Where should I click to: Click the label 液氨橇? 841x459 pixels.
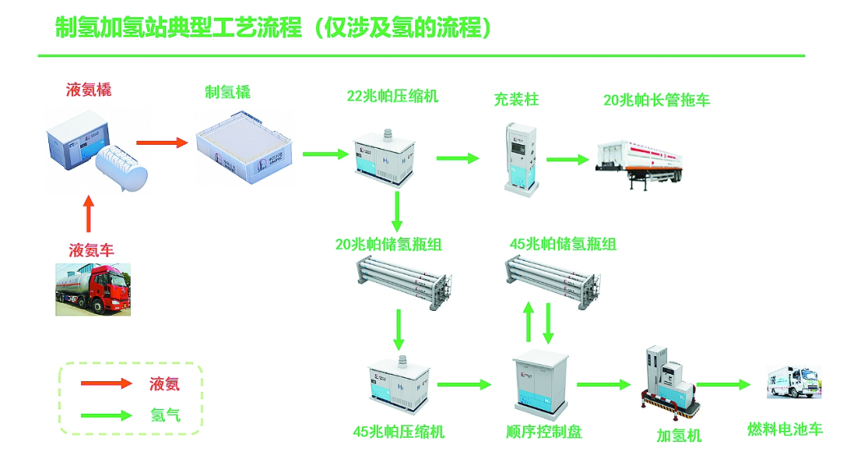tap(89, 91)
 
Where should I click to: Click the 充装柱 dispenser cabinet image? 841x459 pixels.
tap(519, 155)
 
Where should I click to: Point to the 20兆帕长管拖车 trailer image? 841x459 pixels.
tap(642, 160)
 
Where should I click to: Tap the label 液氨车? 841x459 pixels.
tap(91, 250)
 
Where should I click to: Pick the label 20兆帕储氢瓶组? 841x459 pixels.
tap(389, 244)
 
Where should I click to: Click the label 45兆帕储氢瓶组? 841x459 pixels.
tap(563, 244)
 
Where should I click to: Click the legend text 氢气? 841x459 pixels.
tap(165, 415)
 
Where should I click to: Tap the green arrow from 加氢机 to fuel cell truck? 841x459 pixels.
tap(723, 384)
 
